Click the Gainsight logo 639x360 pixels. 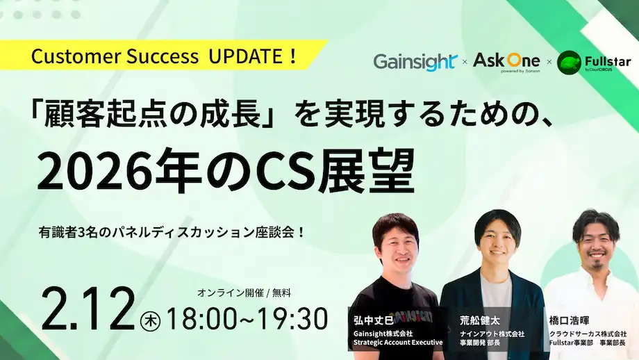(415, 61)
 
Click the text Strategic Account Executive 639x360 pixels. (397, 341)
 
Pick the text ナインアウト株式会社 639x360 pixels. (492, 334)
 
